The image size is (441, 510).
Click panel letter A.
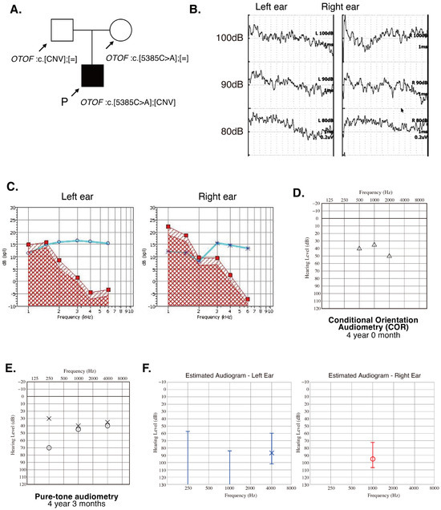pos(12,10)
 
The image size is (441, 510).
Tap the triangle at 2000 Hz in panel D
pos(389,256)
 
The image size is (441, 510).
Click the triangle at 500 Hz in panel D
pos(359,249)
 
